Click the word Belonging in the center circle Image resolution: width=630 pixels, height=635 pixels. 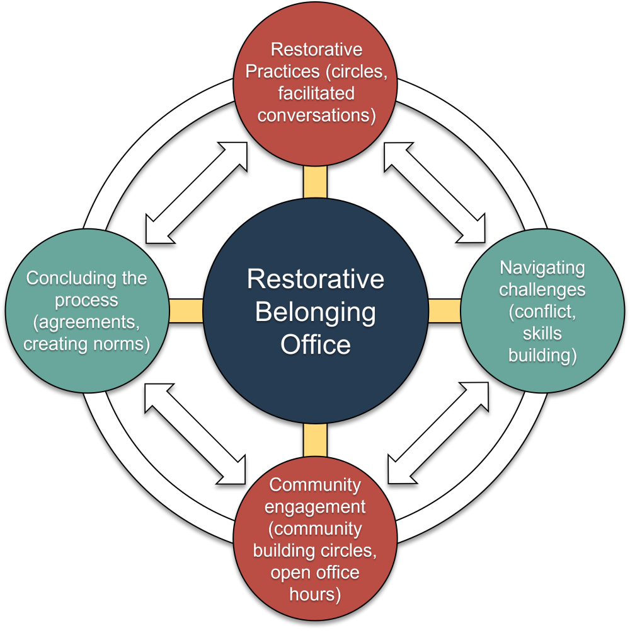(315, 312)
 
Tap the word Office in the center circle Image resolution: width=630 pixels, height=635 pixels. (315, 345)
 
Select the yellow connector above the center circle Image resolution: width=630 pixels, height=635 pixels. (315, 182)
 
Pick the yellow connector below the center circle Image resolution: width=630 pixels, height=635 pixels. (315, 440)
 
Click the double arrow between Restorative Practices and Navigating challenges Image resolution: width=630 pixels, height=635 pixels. (435, 193)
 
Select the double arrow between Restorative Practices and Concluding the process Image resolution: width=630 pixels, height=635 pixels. (196, 193)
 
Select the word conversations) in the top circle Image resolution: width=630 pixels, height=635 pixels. (315, 115)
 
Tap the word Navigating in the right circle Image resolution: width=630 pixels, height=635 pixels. (542, 267)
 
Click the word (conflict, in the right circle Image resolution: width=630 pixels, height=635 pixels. (542, 312)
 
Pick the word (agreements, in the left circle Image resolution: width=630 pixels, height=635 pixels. (86, 322)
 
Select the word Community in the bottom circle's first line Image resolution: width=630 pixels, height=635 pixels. (315, 485)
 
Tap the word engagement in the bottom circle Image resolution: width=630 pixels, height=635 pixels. (315, 507)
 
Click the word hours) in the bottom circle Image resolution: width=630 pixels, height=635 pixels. (315, 595)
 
